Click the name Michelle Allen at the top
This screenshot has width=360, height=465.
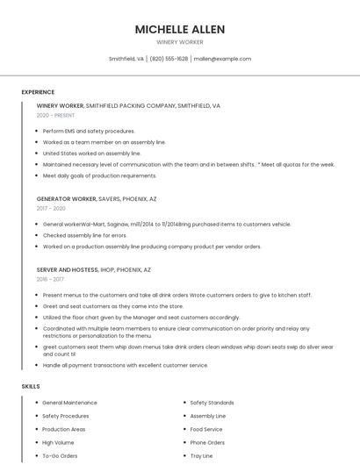tap(179, 30)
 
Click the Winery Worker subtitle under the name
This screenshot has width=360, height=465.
tap(179, 42)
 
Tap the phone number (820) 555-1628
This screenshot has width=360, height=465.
tap(169, 59)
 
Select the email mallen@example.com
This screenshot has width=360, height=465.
tap(222, 59)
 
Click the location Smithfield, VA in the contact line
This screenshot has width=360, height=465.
tap(126, 59)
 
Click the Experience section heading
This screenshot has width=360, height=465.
tap(38, 92)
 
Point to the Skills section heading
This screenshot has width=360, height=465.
tap(31, 386)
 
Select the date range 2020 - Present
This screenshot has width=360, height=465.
tap(55, 115)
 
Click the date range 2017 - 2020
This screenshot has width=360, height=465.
tap(51, 208)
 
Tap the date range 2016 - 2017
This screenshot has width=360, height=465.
tap(50, 279)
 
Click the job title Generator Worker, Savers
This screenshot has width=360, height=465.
tap(97, 198)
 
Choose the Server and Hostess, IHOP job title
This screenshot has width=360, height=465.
tap(93, 269)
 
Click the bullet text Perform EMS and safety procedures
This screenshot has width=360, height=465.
tap(89, 131)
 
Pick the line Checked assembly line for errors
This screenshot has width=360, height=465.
tap(84, 235)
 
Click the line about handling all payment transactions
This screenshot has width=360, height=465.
tap(126, 365)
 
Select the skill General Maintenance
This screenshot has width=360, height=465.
tap(69, 403)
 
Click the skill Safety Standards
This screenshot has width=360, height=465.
tap(212, 403)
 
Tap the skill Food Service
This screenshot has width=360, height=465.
tap(206, 429)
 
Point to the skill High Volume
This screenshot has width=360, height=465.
tap(58, 443)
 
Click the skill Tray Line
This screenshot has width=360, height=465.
tap(201, 456)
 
